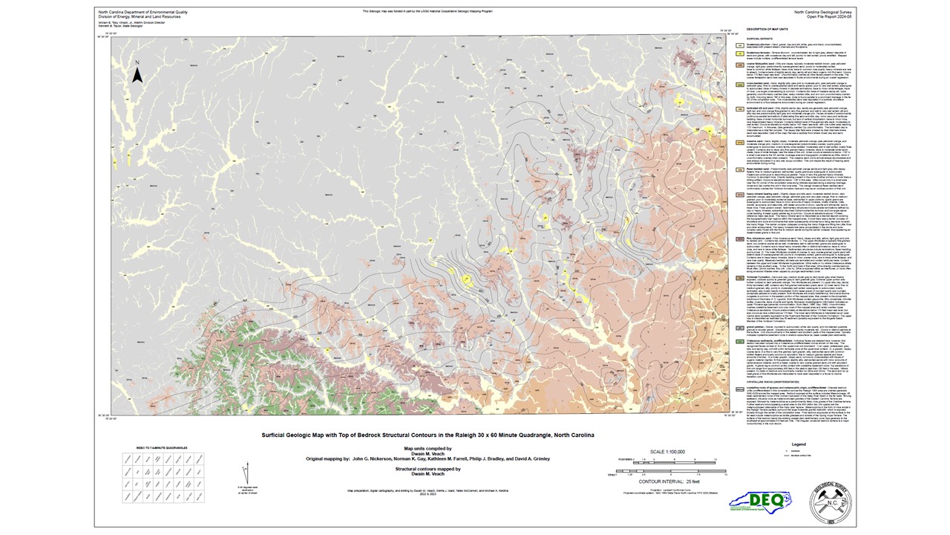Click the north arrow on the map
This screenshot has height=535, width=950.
(137, 74)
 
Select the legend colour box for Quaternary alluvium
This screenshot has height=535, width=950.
(741, 45)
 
